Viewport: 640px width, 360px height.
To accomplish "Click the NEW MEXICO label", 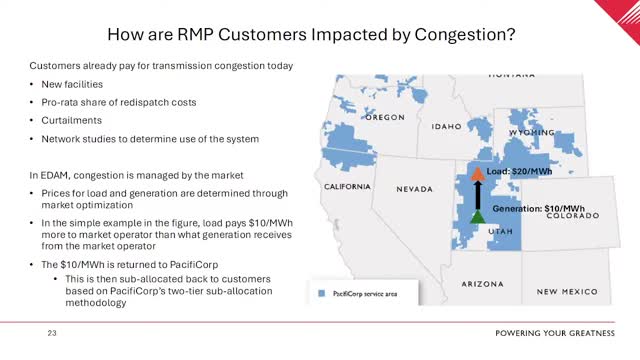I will (567, 292).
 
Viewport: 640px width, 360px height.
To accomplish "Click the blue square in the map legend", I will (320, 294).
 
